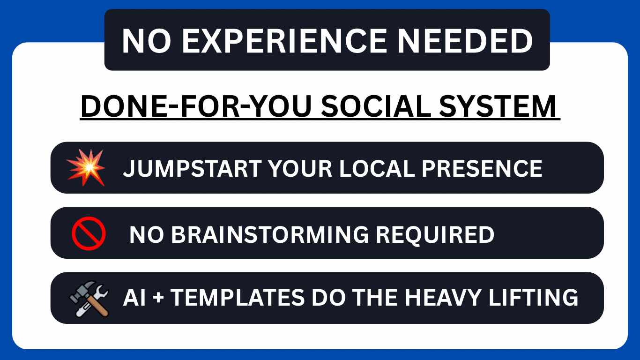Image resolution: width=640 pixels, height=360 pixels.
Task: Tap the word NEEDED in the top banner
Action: click(465, 41)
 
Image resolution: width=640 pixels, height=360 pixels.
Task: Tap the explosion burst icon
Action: click(86, 167)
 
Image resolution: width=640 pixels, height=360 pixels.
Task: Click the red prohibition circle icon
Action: click(89, 233)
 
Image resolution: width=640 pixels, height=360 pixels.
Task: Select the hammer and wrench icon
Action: click(89, 299)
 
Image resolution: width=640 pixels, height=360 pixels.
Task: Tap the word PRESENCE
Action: click(482, 168)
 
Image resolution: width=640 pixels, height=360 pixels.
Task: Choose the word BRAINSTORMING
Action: click(270, 234)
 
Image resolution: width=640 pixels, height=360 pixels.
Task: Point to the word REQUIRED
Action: click(435, 235)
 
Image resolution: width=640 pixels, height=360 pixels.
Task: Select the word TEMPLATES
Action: click(238, 297)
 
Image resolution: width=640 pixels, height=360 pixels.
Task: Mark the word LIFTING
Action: click(534, 297)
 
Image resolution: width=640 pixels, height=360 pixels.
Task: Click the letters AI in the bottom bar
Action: click(134, 297)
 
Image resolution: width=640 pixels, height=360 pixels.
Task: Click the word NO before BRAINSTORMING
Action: click(147, 234)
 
